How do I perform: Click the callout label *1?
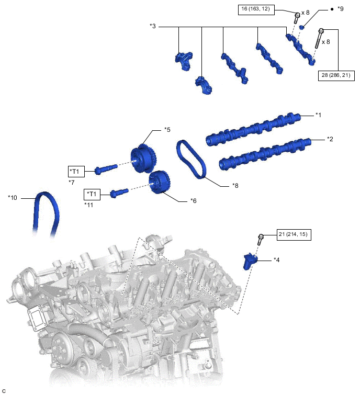319,115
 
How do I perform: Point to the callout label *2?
330,139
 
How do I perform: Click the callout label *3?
153,26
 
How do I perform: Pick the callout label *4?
277,259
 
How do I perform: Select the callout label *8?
235,186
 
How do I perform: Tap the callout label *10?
13,198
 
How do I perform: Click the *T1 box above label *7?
76,172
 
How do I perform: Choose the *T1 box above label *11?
92,194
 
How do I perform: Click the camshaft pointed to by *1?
253,129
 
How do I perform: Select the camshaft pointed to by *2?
265,154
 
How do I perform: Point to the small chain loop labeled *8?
191,159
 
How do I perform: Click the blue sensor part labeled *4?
250,261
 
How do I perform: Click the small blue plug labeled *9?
302,27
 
